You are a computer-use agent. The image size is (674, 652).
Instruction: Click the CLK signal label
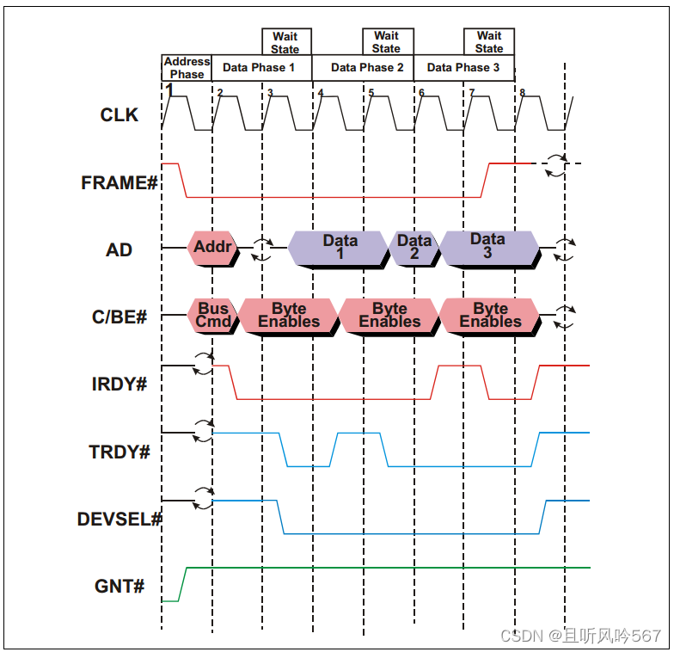coord(119,114)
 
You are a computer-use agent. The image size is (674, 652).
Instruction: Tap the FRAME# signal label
coord(119,182)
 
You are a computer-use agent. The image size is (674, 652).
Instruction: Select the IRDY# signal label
coord(119,384)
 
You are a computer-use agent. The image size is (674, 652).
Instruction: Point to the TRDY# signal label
coord(119,452)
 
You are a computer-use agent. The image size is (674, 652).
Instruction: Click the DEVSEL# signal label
coord(119,520)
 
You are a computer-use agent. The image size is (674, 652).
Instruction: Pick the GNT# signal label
coord(119,587)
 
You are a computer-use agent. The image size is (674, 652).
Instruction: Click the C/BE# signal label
coord(119,317)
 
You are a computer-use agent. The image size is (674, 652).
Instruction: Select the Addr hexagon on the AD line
coord(212,248)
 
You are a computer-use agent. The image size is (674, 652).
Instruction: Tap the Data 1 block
coord(340,247)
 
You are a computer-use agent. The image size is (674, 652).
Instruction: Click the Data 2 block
coord(414,247)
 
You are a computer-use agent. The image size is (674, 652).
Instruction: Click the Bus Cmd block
coord(212,315)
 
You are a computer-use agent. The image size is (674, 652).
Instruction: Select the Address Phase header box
coord(187,68)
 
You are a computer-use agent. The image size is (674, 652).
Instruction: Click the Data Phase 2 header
coord(367,67)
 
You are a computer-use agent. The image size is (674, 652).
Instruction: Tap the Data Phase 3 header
coord(463,67)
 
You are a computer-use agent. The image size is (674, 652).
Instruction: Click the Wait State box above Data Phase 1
coord(285,42)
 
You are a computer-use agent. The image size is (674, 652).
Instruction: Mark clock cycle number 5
coord(371,93)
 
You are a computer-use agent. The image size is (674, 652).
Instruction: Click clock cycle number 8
coord(522,93)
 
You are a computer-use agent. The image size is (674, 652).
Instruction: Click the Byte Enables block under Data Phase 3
coord(490,315)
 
